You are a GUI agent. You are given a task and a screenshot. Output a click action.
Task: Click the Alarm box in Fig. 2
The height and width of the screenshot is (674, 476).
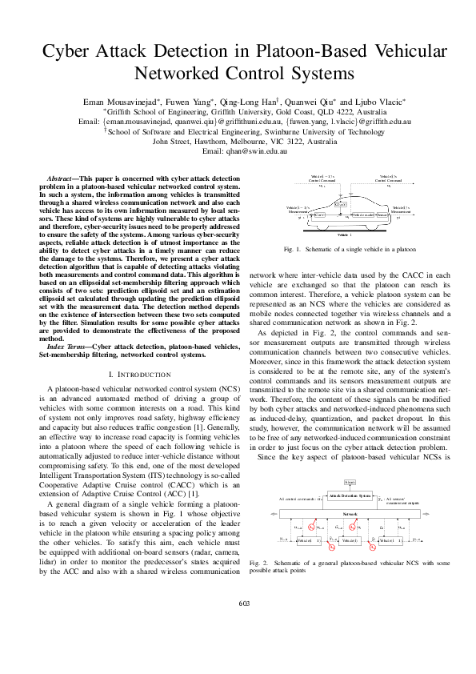coord(350,483)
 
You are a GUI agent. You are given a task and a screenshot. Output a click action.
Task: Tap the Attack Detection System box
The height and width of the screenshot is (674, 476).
coord(350,496)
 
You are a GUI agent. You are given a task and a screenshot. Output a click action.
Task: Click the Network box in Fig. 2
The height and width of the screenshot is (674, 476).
coord(350,513)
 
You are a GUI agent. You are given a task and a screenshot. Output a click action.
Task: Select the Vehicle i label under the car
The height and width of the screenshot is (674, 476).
coord(344,235)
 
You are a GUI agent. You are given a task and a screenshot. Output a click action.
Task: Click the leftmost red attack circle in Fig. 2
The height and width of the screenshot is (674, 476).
coord(311,528)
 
